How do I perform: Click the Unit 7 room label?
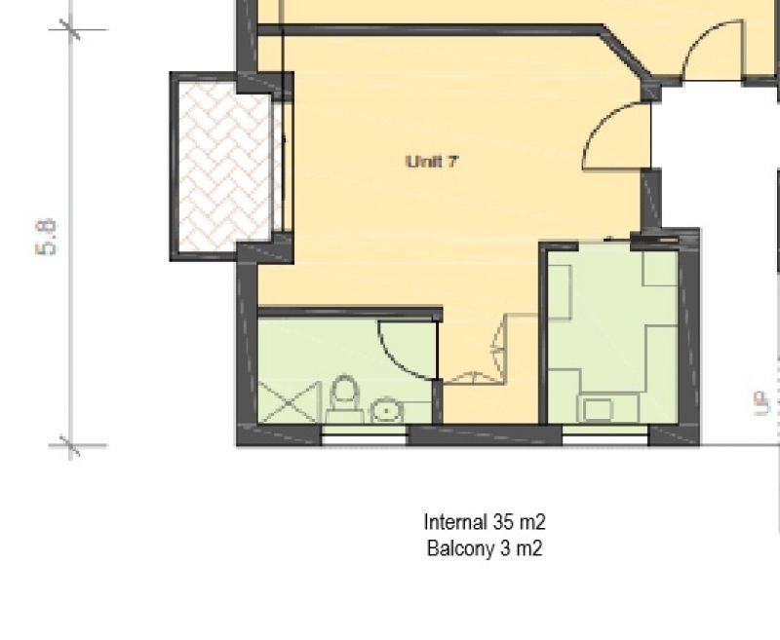tap(432, 162)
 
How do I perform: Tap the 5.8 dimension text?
tap(46, 238)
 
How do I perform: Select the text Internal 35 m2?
tap(485, 522)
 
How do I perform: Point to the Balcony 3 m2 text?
tap(485, 549)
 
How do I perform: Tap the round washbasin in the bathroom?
tap(386, 409)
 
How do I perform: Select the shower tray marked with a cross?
tap(289, 402)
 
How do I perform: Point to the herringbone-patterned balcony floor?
tap(225, 167)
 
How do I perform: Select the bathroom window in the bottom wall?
tap(364, 435)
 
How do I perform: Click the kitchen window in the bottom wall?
tap(605, 435)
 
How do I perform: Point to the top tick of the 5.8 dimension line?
tap(70, 30)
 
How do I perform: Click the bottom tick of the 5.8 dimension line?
tap(70, 445)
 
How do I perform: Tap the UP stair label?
tap(761, 403)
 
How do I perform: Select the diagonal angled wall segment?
tap(628, 54)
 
